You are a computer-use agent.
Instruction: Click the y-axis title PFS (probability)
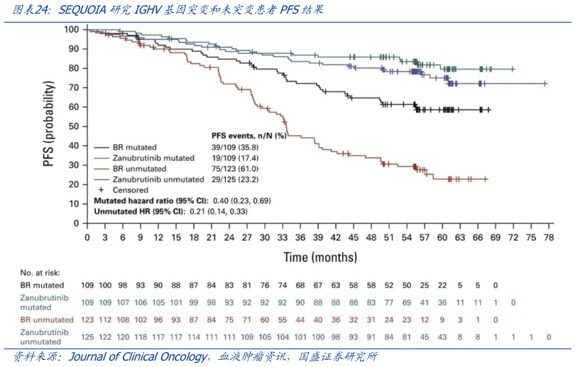[48, 124]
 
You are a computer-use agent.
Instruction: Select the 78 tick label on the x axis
[548, 238]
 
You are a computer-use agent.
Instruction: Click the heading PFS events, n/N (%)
[248, 135]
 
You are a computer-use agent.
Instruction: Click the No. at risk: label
[40, 272]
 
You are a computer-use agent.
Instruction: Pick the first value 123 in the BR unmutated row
[88, 320]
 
